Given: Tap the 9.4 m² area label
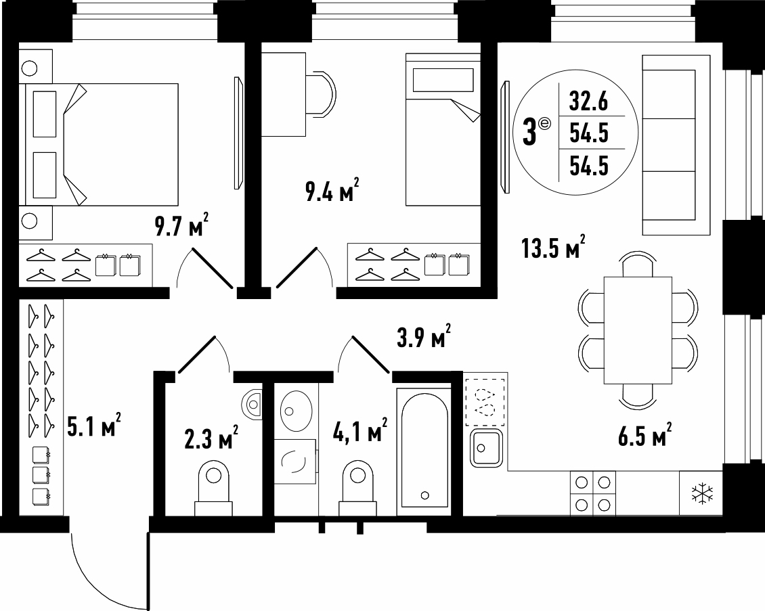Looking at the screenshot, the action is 332,190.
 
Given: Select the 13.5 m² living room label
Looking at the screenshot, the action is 553,247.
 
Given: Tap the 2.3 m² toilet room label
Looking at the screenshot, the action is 211,437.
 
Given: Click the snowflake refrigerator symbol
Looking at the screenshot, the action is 702,493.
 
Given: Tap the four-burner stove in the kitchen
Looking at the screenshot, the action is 593,493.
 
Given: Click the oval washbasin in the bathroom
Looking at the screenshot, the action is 297,411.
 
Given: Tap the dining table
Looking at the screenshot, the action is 638,331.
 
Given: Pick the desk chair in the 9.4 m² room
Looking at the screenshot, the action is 322,93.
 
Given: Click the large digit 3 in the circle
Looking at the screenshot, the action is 530,133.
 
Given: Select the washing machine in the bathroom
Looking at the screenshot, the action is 294,461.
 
